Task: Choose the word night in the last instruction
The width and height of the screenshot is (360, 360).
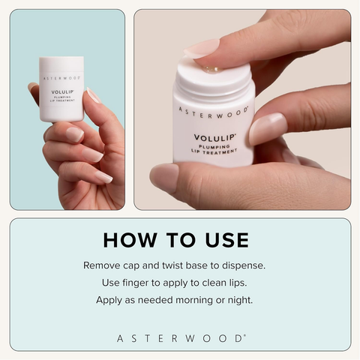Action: pos(250,300)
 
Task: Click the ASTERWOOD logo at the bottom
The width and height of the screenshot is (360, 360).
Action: pos(180,338)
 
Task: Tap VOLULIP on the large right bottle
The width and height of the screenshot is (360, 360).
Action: pos(214,137)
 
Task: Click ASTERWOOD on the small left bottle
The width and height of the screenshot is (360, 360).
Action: pos(61,77)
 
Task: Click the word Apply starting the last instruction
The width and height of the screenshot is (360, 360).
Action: pos(109,300)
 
